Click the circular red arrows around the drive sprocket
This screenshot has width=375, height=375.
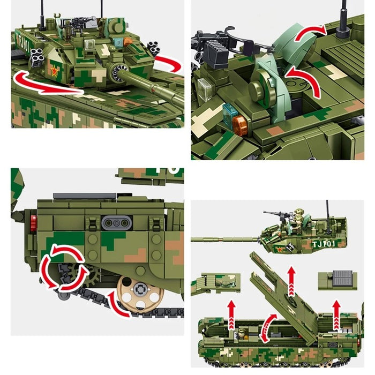pos(66,267)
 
